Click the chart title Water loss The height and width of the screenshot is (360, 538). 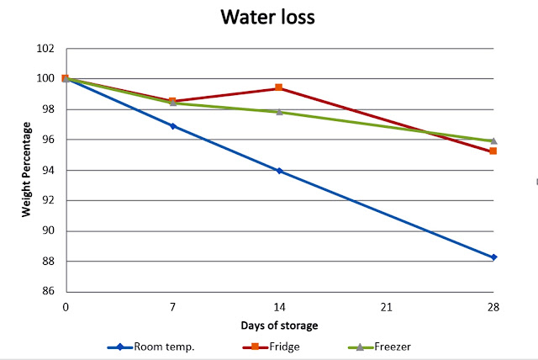[267, 18]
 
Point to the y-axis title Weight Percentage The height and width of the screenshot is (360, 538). [27, 170]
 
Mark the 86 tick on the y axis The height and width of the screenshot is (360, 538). [50, 292]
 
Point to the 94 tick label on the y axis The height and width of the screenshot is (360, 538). [50, 170]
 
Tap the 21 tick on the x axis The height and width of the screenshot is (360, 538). [387, 308]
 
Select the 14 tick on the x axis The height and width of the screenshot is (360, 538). [280, 308]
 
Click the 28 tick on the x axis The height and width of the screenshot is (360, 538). [493, 308]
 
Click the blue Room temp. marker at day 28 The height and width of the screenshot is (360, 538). [493, 257]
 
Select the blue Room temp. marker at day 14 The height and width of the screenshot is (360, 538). [280, 171]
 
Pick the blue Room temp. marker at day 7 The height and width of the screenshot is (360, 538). [173, 126]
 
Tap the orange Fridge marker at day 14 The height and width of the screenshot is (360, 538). [280, 88]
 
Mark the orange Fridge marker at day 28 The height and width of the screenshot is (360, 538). [493, 151]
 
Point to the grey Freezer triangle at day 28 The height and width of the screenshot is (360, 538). [493, 140]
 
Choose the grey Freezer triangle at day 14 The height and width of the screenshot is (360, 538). [280, 112]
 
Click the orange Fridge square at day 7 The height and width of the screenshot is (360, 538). [173, 101]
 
